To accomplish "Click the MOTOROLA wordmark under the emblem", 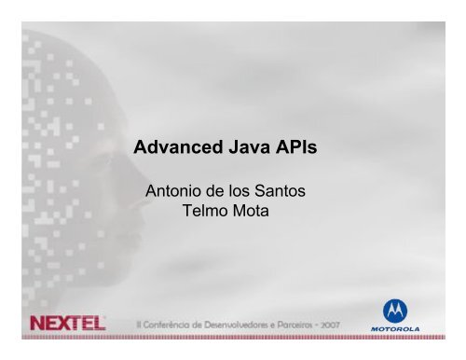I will click(399, 329).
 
